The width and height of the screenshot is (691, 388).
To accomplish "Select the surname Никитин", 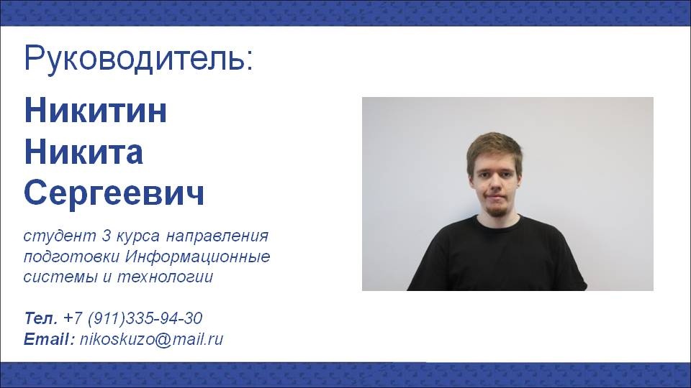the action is [95, 110].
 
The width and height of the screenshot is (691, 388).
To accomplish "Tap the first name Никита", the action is [83, 152].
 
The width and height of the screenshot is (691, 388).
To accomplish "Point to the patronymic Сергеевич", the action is [114, 193].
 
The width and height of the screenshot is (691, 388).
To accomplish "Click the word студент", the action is [60, 236].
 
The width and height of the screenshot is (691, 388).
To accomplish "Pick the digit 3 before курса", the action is [107, 236].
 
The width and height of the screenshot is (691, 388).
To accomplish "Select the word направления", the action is [217, 236].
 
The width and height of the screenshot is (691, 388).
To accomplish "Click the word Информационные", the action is [197, 257].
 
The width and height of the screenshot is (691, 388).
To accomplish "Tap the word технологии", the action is [166, 277].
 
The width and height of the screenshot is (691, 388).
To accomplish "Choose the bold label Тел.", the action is [41, 318].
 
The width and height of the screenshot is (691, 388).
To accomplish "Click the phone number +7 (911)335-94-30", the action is [132, 318].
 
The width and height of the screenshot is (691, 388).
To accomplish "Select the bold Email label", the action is [50, 339].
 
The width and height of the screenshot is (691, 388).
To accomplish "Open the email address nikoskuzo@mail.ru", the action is [152, 339].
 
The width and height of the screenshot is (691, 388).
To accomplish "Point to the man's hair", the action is [494, 147].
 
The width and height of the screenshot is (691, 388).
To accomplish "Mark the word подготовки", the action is [72, 257].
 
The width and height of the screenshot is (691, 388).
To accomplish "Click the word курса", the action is [138, 236].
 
